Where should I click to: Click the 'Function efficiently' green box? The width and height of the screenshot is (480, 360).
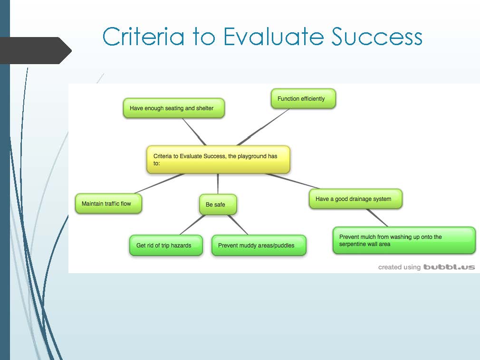coord(303,99)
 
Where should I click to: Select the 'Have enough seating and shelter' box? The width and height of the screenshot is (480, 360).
coord(174,108)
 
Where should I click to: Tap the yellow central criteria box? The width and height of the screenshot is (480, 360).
coord(218,160)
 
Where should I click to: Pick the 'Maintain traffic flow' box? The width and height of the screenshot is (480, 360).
coord(108,203)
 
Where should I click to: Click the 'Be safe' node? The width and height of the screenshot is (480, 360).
coord(218,204)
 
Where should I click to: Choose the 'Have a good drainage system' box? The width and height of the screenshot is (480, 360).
coord(355,199)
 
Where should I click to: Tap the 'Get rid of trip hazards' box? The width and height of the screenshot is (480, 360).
coord(166,245)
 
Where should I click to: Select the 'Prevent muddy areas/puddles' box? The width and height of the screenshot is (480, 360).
coord(259,245)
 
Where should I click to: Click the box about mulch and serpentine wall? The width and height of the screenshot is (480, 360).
coord(404,240)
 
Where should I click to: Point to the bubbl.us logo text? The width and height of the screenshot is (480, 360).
coord(449,267)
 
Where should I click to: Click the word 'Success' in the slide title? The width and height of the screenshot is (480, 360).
coord(377,37)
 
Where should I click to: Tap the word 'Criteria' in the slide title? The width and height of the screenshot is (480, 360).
coord(144,37)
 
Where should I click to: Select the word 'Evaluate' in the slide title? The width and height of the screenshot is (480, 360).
coord(273,37)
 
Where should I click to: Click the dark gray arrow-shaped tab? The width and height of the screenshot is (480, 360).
coord(35,50)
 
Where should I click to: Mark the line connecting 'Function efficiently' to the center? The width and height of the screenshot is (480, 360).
coord(263,127)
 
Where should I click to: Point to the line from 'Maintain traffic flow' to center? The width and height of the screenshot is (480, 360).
coord(160,183)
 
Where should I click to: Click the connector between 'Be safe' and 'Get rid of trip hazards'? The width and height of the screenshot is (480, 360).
coord(192,225)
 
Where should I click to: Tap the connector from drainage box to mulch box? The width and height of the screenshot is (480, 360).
coord(377,218)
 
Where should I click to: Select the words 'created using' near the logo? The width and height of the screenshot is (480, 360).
coord(399,267)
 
